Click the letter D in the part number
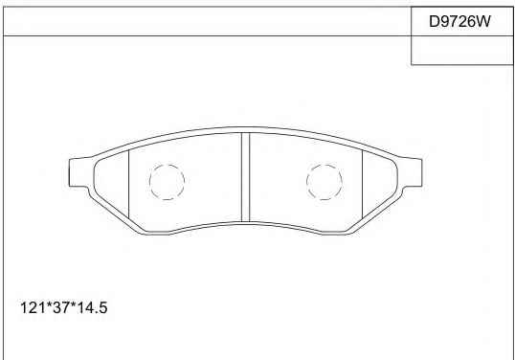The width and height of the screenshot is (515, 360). [x=435, y=21]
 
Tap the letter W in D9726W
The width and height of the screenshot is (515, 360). [x=483, y=21]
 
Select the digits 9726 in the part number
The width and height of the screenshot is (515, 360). [x=459, y=21]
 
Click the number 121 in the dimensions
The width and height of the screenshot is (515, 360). [x=33, y=307]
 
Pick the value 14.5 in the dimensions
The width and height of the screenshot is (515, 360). [x=92, y=307]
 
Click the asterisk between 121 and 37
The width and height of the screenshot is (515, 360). [x=48, y=304]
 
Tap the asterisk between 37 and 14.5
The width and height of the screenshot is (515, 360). [x=73, y=304]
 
